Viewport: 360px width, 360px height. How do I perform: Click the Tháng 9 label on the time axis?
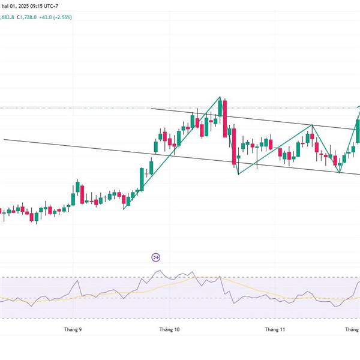73,329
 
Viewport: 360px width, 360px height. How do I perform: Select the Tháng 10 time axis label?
169,329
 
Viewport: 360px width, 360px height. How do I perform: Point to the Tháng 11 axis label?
275,329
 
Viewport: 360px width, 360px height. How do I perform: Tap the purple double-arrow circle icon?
155,257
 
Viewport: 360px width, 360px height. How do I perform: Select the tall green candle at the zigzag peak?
220,108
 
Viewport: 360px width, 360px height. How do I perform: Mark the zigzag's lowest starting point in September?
124,209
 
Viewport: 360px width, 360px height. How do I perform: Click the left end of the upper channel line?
151,109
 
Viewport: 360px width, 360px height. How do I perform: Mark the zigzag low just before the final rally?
340,173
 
